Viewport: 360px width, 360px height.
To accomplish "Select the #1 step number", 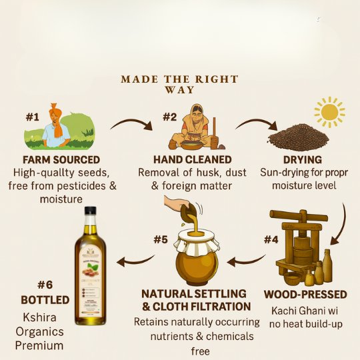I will coord(33,117).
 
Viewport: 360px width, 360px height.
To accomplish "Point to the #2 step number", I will coord(170,117).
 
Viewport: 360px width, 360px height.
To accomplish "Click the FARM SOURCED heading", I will coord(61,160).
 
